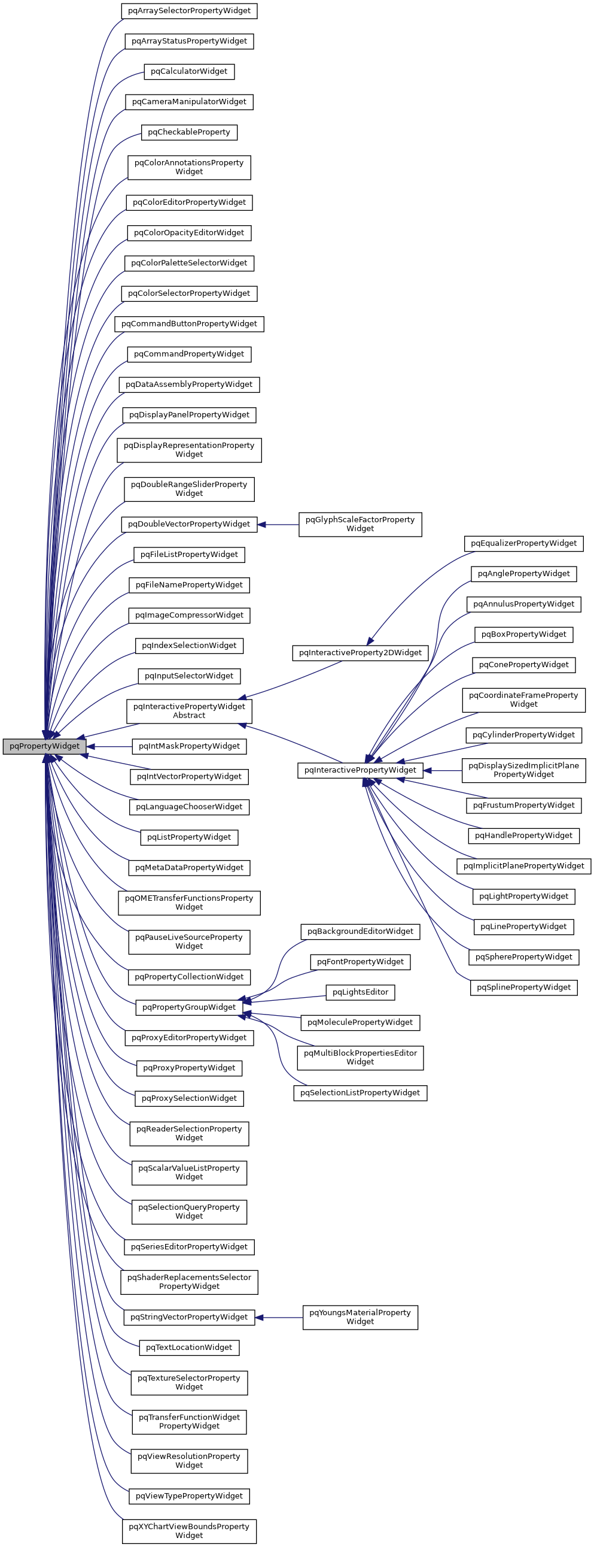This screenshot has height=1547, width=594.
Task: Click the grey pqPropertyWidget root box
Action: click(x=44, y=746)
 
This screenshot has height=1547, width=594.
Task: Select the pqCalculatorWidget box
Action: click(x=189, y=71)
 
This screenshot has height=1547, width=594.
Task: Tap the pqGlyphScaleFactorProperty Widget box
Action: click(x=360, y=524)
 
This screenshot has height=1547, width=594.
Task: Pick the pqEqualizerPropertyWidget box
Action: click(x=523, y=543)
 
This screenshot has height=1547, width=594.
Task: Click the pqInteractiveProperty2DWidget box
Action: click(x=360, y=653)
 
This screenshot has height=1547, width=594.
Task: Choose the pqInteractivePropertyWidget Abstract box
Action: click(x=189, y=711)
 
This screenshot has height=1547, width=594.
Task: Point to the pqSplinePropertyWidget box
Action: click(x=523, y=987)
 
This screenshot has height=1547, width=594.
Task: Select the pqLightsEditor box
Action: click(x=360, y=992)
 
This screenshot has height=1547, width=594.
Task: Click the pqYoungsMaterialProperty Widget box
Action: click(x=360, y=1317)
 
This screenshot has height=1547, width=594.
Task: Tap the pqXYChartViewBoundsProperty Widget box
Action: click(x=189, y=1531)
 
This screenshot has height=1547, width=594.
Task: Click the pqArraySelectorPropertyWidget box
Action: click(x=189, y=11)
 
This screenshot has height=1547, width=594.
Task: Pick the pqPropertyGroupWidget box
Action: click(x=189, y=1007)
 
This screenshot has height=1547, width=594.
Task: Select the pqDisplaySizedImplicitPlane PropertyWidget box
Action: click(x=523, y=770)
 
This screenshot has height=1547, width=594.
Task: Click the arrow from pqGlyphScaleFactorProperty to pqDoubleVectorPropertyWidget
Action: click(x=279, y=524)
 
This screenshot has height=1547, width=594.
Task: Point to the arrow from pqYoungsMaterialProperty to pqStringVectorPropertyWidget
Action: click(x=279, y=1318)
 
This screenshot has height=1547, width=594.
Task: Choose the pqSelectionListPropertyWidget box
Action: click(x=360, y=1092)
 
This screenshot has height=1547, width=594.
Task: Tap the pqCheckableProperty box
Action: click(x=189, y=132)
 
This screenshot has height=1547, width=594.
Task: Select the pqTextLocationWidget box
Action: click(x=189, y=1347)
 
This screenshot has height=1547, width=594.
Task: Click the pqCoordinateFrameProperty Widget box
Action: click(x=523, y=700)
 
